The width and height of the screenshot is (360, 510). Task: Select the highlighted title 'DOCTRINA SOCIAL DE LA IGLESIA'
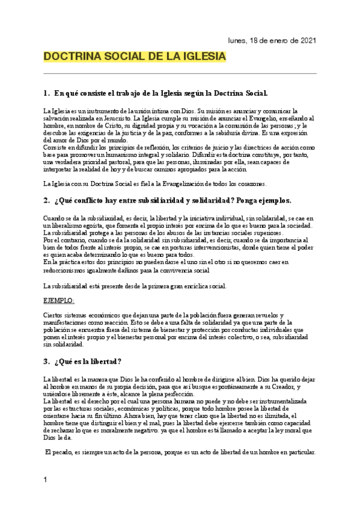(x=135, y=57)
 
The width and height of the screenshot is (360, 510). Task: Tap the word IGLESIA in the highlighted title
(x=206, y=57)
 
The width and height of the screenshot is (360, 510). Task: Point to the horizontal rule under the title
(x=180, y=73)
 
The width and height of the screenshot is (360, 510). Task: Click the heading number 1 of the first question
(x=46, y=94)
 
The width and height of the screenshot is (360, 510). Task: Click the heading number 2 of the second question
(x=46, y=200)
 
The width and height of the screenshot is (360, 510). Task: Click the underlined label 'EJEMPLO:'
(x=59, y=300)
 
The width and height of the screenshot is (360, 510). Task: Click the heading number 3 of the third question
(x=46, y=361)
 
